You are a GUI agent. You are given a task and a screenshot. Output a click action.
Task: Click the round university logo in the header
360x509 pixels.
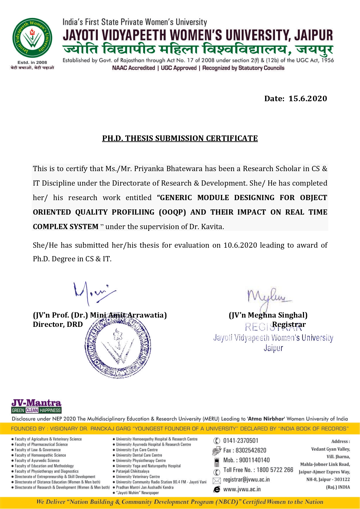pyautogui.click(x=32, y=38)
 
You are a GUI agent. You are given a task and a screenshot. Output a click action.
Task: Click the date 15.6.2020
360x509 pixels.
pyautogui.click(x=307, y=99)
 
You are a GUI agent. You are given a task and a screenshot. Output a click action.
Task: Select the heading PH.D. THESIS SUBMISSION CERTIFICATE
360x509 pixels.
pyautogui.click(x=180, y=138)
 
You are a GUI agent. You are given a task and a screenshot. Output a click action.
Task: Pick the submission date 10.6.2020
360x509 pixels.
pyautogui.click(x=240, y=245)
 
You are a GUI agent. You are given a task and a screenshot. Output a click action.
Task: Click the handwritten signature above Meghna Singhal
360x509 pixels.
pyautogui.click(x=268, y=297)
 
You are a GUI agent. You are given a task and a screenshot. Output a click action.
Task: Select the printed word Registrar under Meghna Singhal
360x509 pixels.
pyautogui.click(x=289, y=325)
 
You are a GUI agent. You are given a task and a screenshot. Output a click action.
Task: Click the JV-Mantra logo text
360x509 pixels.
pyautogui.click(x=36, y=403)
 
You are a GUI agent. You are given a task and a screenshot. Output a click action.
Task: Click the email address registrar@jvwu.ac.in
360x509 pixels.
pyautogui.click(x=247, y=480)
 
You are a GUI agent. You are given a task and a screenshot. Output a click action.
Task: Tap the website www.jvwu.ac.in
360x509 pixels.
pyautogui.click(x=242, y=490)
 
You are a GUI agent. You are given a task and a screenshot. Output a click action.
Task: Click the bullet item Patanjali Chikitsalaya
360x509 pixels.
pyautogui.click(x=133, y=471)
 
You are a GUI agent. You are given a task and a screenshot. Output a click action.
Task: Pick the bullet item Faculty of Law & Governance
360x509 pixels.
pyautogui.click(x=38, y=450)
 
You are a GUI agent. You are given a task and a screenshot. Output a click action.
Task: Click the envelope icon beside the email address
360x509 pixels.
pyautogui.click(x=217, y=481)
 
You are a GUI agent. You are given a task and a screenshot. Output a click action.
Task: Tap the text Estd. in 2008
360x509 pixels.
pyautogui.click(x=32, y=62)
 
